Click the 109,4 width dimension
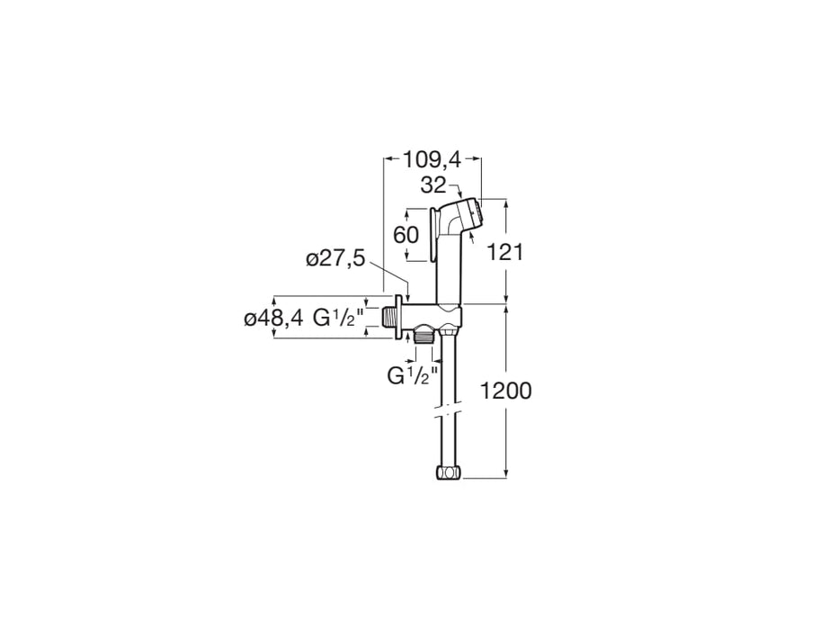432,159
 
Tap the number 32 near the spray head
433,185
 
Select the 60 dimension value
406,235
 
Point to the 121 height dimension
504,252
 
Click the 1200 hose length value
505,391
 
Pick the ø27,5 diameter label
335,259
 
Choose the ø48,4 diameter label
272,319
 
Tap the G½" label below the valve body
413,375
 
